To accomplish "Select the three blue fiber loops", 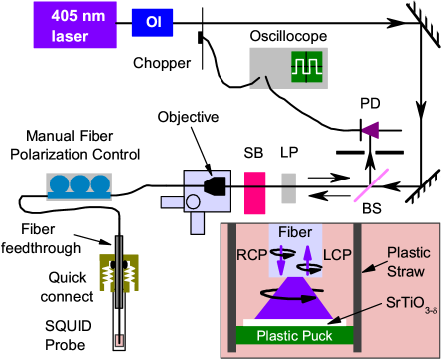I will coord(79,186).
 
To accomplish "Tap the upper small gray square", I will coord(288,180).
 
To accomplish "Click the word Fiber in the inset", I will coord(295,231).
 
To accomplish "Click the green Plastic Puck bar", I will coord(296,334).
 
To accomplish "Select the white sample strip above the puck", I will coord(296,321).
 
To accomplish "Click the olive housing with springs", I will coord(117,274).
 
